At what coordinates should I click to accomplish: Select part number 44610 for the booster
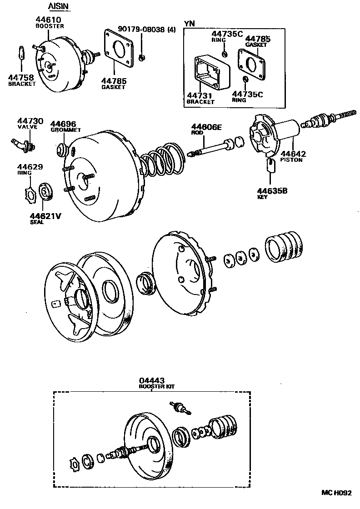coord(48,20)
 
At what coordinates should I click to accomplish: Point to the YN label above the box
coord(189,23)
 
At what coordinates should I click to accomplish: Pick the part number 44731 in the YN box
coord(200,95)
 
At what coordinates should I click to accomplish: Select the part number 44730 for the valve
coord(30,121)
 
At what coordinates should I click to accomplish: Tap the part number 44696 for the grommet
coord(63,124)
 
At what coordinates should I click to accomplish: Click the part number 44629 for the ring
coord(30,167)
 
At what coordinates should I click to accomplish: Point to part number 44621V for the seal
coord(45,216)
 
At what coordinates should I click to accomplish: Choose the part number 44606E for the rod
coord(206,127)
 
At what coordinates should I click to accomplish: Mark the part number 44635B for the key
coord(275,191)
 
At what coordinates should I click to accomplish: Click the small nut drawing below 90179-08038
coord(142,57)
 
